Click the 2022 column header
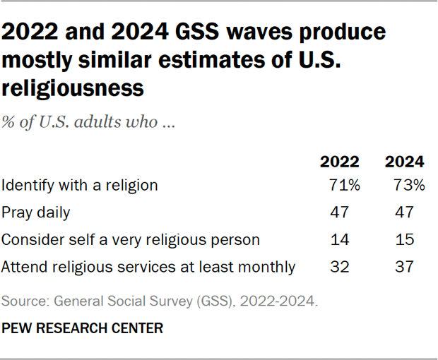(340, 162)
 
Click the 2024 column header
(404, 162)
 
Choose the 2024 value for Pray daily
(404, 212)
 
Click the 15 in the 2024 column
(404, 240)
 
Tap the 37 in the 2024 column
(404, 267)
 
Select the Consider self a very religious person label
(131, 240)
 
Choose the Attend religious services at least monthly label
(148, 267)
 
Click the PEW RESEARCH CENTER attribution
(83, 328)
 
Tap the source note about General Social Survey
(160, 302)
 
